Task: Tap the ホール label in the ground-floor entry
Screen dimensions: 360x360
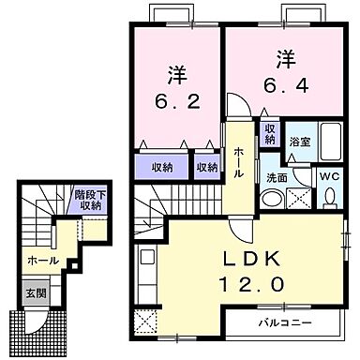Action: tap(43, 260)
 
